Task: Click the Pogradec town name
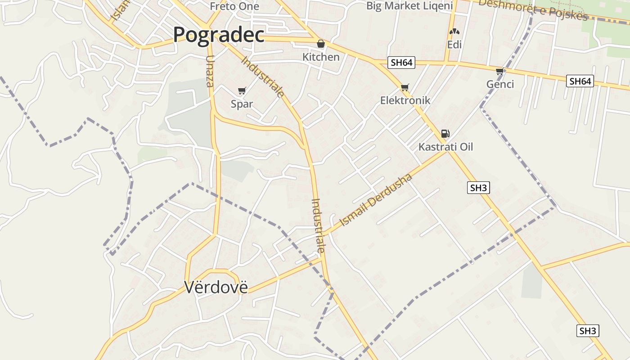point(218,35)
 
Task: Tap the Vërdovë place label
point(216,287)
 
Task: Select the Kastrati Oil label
point(445,147)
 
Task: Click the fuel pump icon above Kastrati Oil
point(445,133)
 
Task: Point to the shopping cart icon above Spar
point(242,90)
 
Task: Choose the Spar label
point(242,104)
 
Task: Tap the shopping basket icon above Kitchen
point(321,44)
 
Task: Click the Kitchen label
point(321,57)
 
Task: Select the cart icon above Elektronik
point(405,87)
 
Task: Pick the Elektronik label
point(405,100)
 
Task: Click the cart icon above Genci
point(499,71)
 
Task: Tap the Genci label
point(500,84)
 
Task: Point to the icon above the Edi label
point(454,31)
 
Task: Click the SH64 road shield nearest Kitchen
point(401,63)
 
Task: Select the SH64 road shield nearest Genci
point(580,81)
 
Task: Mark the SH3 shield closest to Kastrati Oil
point(478,188)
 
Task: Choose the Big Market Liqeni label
point(409,6)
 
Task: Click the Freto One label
point(234,6)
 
